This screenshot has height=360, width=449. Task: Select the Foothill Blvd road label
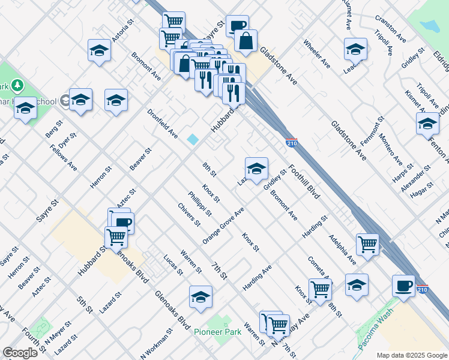303,182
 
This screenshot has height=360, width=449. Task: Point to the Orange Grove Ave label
223,226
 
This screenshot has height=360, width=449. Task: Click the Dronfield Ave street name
163,124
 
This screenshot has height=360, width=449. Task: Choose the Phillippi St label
199,203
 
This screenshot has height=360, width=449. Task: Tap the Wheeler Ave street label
316,53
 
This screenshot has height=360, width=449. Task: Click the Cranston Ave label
390,29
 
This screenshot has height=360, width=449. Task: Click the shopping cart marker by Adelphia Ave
367,244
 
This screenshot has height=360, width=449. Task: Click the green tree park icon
17,86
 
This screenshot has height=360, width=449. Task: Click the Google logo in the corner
20,353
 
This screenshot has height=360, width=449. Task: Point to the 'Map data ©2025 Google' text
411,355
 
